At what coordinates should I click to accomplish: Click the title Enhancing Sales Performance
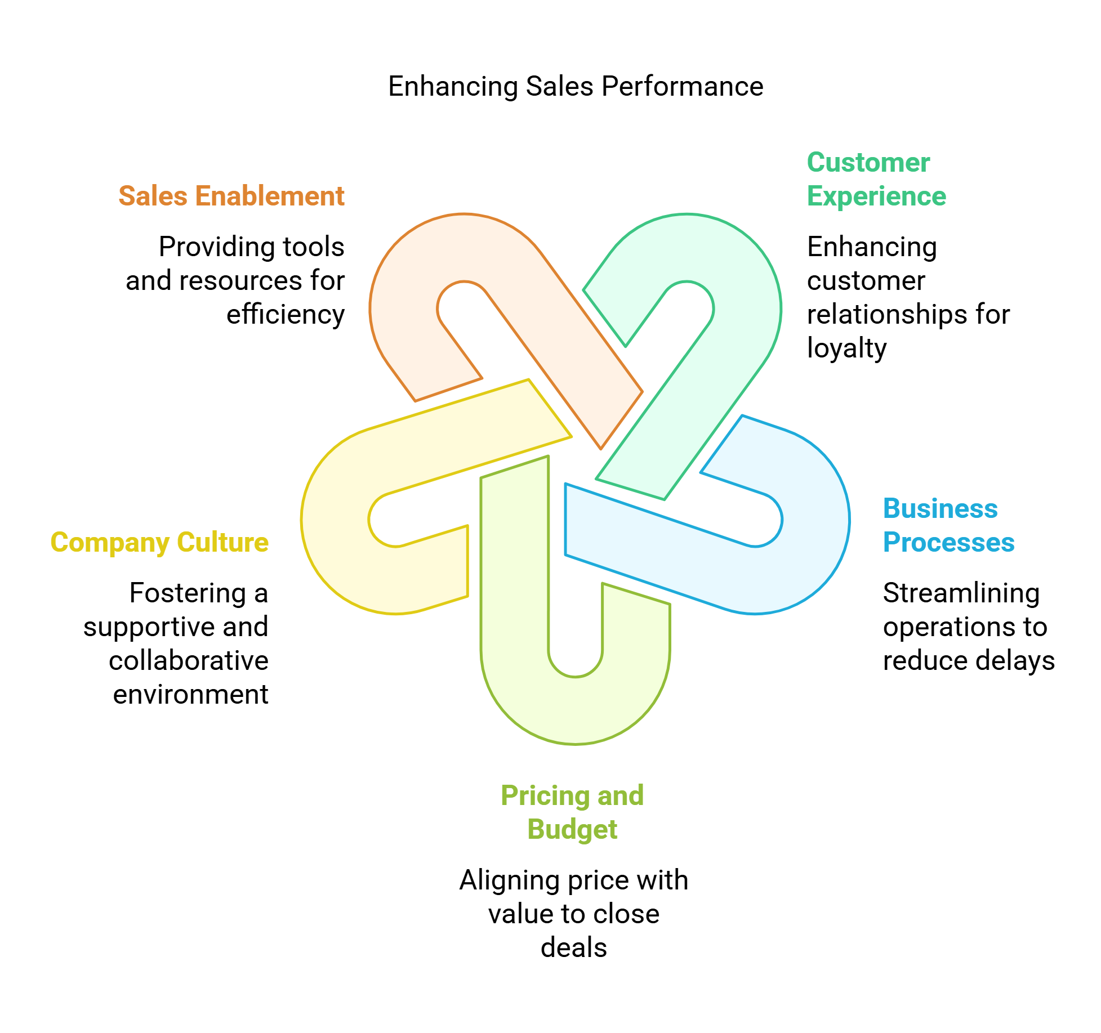point(575,87)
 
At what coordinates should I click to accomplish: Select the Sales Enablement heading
point(231,196)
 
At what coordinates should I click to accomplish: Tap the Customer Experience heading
point(876,179)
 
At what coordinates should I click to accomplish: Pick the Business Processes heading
point(948,525)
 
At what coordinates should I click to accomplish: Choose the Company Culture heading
point(159,542)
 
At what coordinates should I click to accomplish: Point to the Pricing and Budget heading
point(572,812)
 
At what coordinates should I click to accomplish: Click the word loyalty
point(846,348)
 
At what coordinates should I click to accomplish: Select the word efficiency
point(286,315)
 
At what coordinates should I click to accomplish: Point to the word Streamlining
point(961,593)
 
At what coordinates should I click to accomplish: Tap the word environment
point(190,694)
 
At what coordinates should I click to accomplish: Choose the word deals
point(573,947)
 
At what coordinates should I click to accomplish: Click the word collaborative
point(189,660)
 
